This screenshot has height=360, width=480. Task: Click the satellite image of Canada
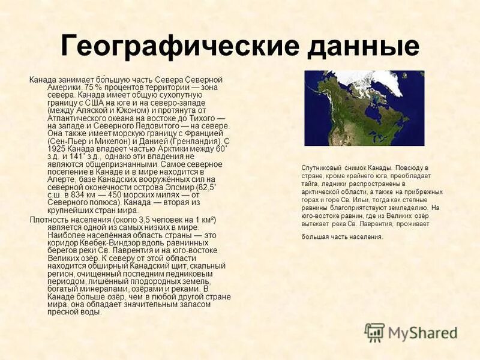click(364, 108)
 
